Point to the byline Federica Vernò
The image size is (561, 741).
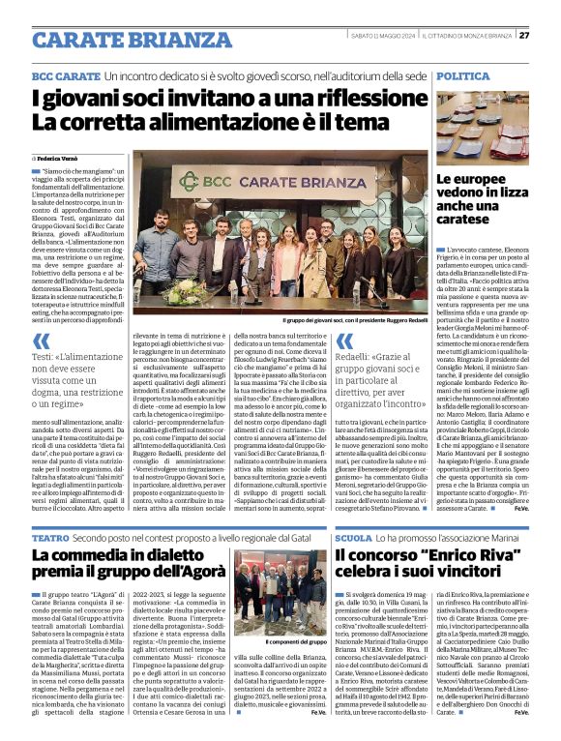(x=61, y=157)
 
